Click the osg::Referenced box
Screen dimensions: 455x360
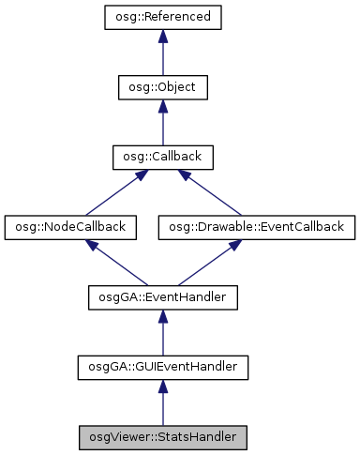162,18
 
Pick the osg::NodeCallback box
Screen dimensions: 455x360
71,227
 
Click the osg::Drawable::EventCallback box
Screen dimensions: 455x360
257,227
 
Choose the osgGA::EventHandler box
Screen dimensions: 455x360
162,297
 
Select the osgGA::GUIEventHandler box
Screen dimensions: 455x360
162,367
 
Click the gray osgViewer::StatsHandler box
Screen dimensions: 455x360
162,436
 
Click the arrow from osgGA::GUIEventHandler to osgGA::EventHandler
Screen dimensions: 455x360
162,333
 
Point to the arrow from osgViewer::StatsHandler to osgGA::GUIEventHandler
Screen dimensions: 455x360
162,402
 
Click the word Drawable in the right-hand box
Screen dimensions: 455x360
229,227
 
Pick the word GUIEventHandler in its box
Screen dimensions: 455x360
183,367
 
